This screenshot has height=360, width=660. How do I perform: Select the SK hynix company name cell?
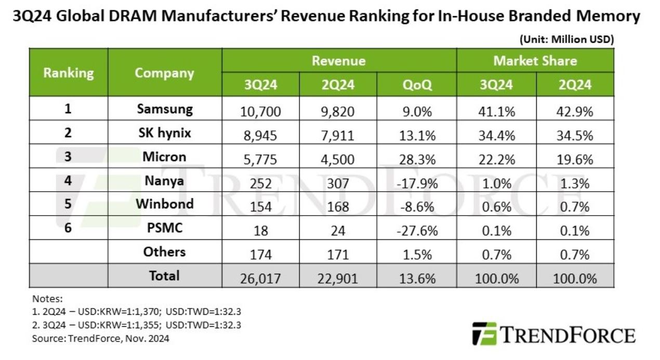(x=164, y=133)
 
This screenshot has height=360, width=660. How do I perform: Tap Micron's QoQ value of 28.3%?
(x=417, y=158)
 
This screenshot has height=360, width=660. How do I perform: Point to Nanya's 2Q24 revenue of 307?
(x=338, y=182)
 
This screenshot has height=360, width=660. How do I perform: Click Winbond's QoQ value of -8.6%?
(x=417, y=206)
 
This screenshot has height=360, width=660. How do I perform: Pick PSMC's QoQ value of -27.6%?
(x=417, y=231)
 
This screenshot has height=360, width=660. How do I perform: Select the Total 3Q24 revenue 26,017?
(x=261, y=278)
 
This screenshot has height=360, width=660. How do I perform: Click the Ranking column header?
(x=69, y=73)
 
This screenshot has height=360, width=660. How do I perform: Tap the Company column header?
(x=164, y=73)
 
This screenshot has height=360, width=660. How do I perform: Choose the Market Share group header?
(x=535, y=61)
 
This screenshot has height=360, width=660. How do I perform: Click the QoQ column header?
(x=417, y=85)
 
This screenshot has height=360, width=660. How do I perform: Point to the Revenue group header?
(x=338, y=61)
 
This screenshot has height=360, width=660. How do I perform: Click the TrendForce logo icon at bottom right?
(x=484, y=334)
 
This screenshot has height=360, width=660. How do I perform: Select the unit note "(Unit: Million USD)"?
(x=566, y=39)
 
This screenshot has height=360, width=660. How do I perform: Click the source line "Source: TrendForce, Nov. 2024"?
(x=101, y=339)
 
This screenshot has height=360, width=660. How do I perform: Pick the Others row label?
(x=164, y=252)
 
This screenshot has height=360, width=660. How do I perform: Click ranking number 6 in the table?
(x=68, y=228)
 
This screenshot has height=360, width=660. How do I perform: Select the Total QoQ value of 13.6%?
(x=417, y=278)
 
